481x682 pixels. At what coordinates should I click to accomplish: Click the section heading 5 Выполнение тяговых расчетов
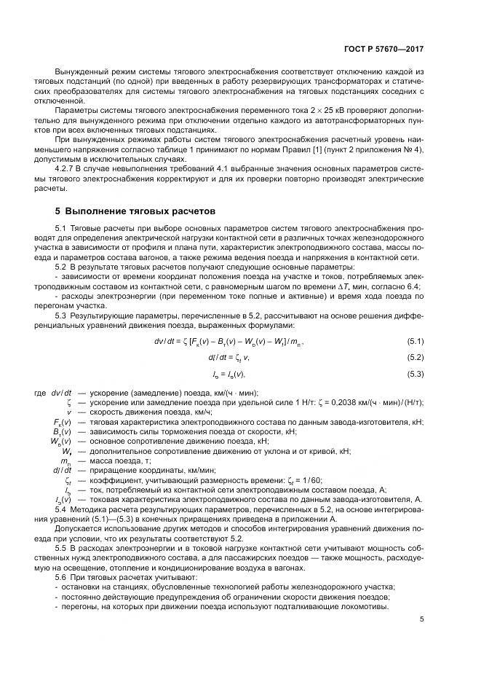point(135,212)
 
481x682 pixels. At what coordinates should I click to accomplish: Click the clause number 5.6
point(60,576)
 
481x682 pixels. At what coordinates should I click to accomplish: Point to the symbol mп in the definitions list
point(65,460)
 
